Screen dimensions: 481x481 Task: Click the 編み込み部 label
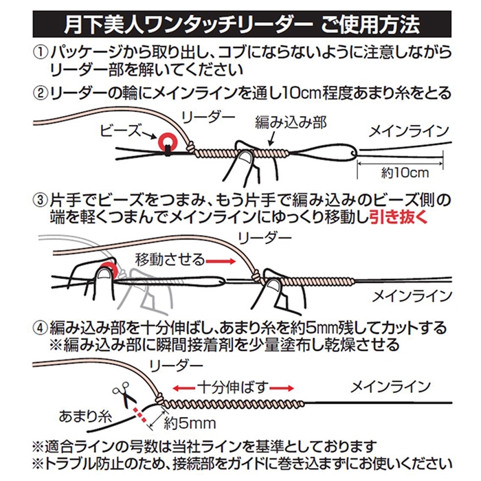[x=291, y=122]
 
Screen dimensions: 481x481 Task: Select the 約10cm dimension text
[x=405, y=173]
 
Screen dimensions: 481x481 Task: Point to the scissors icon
[x=125, y=394]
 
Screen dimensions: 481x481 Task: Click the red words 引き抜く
[x=399, y=217]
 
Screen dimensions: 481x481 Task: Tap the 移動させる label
[x=170, y=260]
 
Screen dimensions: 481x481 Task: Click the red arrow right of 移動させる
[x=221, y=261]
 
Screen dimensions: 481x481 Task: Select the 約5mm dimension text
[x=190, y=423]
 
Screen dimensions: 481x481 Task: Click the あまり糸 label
[x=85, y=416]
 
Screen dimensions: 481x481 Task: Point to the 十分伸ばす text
[x=233, y=388]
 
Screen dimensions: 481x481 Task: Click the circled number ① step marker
[x=41, y=53]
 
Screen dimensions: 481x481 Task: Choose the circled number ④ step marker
[x=41, y=328]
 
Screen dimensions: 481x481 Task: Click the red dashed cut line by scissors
[x=139, y=415]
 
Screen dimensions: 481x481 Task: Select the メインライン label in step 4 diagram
[x=390, y=386]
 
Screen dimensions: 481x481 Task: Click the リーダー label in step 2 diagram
[x=208, y=117]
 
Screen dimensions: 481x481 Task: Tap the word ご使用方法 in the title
[x=370, y=25]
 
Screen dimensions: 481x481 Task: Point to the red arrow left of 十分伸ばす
[x=183, y=388]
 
